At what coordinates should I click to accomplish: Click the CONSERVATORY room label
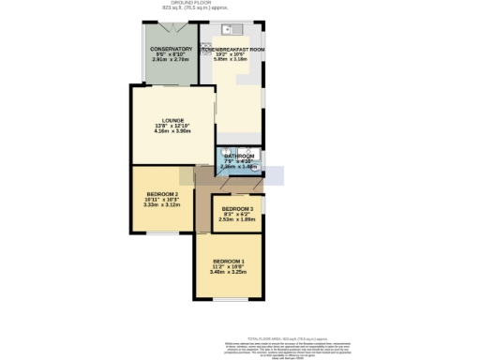pyautogui.click(x=170, y=49)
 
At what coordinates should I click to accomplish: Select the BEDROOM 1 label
pyautogui.click(x=229, y=260)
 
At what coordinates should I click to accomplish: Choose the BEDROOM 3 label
pyautogui.click(x=237, y=209)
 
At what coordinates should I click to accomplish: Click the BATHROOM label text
pyautogui.click(x=238, y=156)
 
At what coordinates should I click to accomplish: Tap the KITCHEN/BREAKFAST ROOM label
pyautogui.click(x=232, y=49)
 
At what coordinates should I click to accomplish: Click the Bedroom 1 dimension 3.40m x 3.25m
pyautogui.click(x=229, y=272)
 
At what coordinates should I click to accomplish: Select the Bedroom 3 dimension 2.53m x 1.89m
pyautogui.click(x=237, y=219)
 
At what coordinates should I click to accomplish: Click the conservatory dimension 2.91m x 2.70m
pyautogui.click(x=170, y=61)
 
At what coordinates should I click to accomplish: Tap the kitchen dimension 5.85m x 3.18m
pyautogui.click(x=232, y=61)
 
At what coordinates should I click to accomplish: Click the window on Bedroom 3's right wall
pyautogui.click(x=263, y=203)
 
